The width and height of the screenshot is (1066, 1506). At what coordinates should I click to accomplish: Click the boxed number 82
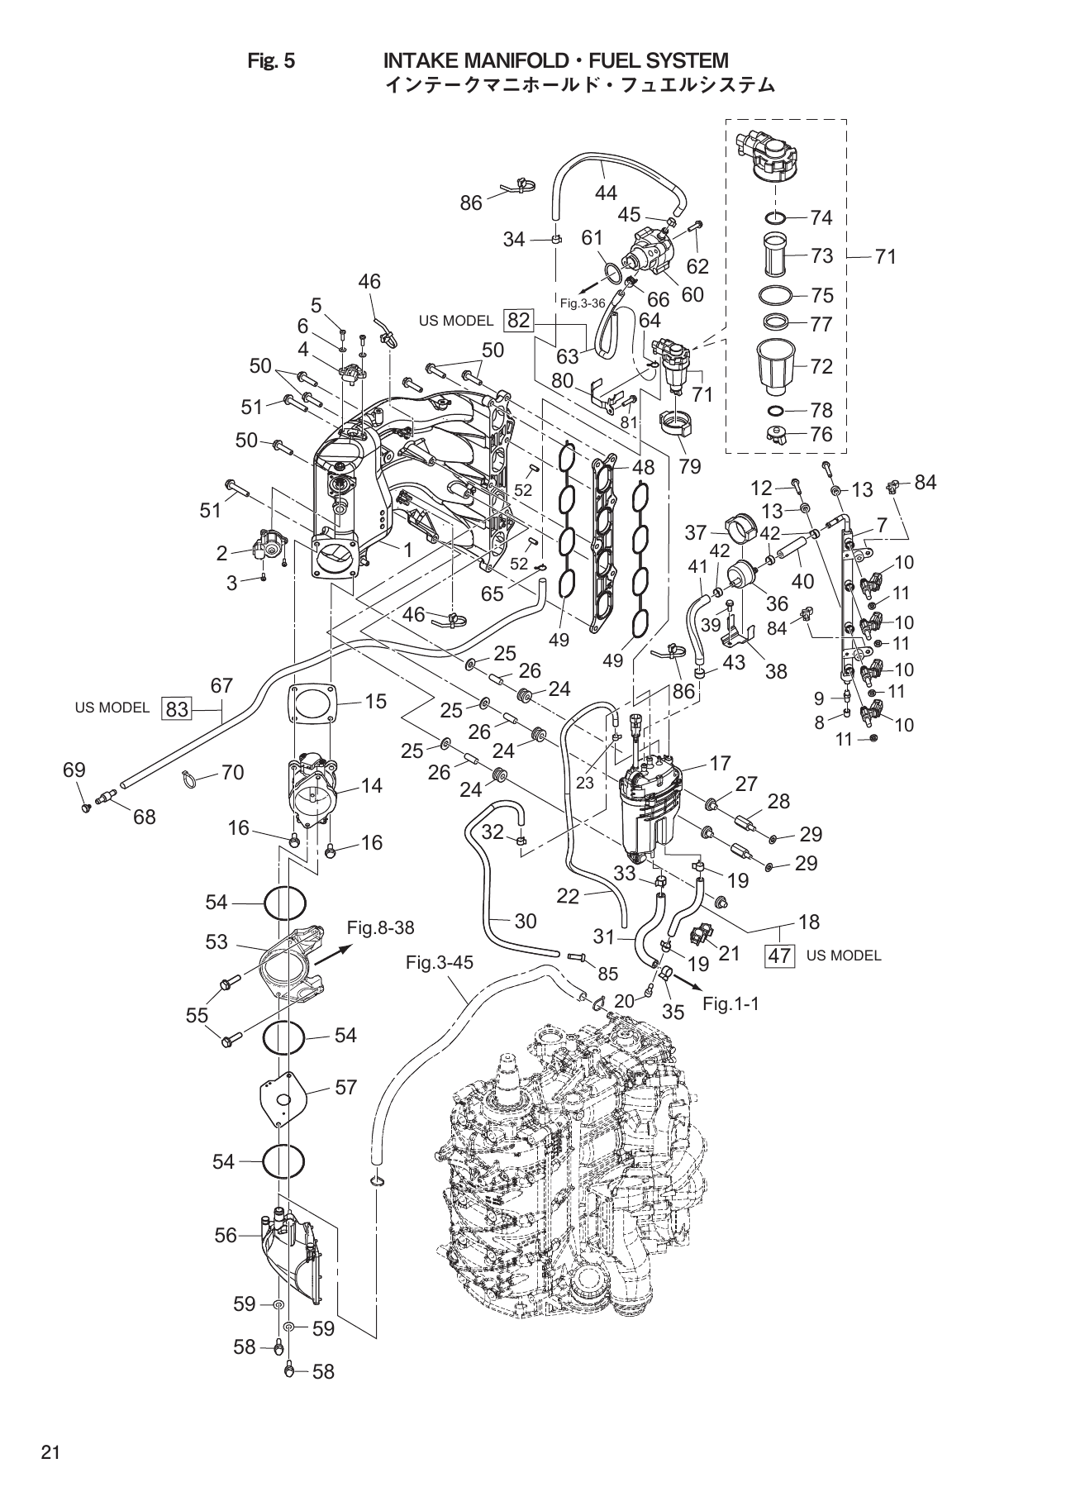(x=519, y=321)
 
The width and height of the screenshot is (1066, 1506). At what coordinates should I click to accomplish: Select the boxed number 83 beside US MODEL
(x=178, y=708)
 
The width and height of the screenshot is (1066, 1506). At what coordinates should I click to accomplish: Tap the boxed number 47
(x=780, y=956)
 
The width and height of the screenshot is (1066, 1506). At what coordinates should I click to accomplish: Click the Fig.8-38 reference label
(x=380, y=927)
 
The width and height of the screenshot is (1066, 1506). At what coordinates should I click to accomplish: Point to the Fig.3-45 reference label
(x=440, y=963)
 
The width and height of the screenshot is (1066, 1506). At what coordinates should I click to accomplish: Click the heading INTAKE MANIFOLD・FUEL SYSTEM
(x=556, y=60)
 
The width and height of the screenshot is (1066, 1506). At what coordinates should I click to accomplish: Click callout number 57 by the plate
(x=346, y=1088)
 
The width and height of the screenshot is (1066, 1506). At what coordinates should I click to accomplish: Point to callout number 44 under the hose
(x=606, y=193)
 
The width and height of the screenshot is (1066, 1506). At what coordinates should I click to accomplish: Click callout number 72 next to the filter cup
(x=821, y=366)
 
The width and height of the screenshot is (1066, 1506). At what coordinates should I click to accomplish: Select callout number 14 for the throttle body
(x=372, y=785)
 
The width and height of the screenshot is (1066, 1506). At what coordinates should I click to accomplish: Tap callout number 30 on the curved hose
(x=526, y=921)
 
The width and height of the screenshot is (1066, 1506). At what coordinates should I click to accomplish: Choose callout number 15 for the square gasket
(x=375, y=701)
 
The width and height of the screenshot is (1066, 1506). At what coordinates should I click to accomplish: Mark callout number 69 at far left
(x=74, y=770)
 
